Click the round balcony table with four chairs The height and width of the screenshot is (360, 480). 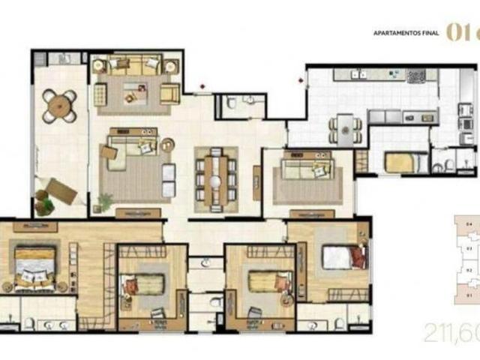pos(59,106)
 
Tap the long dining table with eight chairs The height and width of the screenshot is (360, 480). pos(216,178)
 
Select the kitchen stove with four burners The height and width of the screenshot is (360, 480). pos(415,75)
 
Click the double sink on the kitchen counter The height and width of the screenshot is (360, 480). pos(359,74)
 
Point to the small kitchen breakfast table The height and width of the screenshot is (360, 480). pos(344,130)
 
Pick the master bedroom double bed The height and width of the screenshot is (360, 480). pos(34,267)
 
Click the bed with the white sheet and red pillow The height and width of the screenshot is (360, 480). pos(343,257)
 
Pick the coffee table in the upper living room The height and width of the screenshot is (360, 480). pos(135,93)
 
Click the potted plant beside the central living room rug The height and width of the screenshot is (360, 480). pos(106,201)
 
